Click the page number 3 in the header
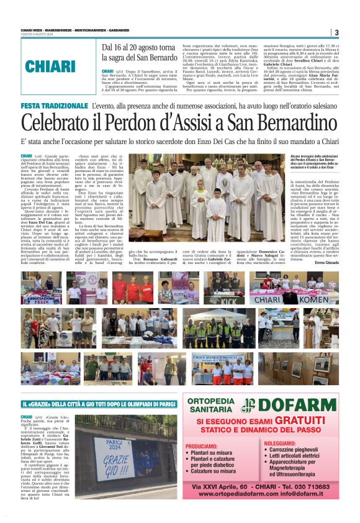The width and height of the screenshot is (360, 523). pyautogui.click(x=336, y=32)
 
